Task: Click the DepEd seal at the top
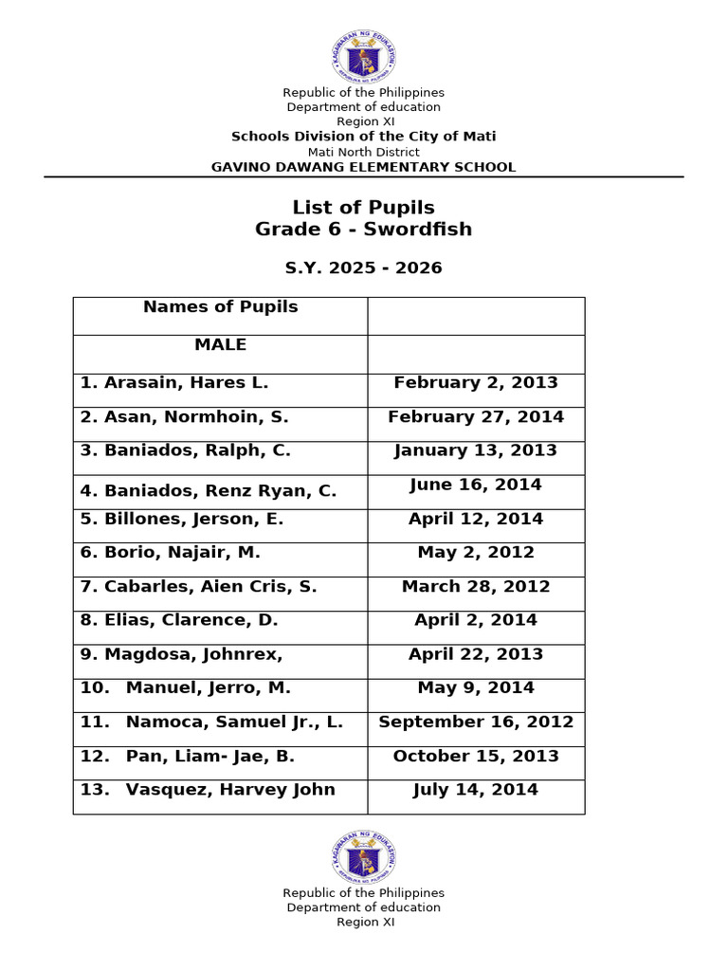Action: [x=364, y=57]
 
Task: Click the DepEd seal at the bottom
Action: [x=364, y=857]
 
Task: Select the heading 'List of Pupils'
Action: [x=364, y=208]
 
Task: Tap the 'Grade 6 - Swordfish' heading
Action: [x=364, y=229]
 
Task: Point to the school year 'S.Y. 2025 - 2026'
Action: [x=364, y=268]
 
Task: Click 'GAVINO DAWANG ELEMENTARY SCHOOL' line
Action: [x=364, y=168]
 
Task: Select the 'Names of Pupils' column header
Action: [x=220, y=307]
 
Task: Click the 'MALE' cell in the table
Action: [x=220, y=345]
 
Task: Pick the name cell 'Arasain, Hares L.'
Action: [x=174, y=383]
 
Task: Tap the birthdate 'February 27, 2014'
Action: [x=476, y=417]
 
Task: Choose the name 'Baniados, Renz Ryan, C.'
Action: [x=209, y=491]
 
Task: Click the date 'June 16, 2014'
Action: [x=476, y=485]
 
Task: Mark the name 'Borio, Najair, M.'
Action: [x=171, y=553]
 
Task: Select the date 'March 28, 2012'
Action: [x=476, y=587]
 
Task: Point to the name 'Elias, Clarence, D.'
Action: [x=179, y=620]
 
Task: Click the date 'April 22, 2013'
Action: [x=476, y=654]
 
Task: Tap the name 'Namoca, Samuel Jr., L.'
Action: [x=211, y=723]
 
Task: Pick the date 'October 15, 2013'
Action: [x=476, y=757]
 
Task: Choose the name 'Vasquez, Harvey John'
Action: [x=208, y=790]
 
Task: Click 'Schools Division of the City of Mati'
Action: [x=364, y=137]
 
